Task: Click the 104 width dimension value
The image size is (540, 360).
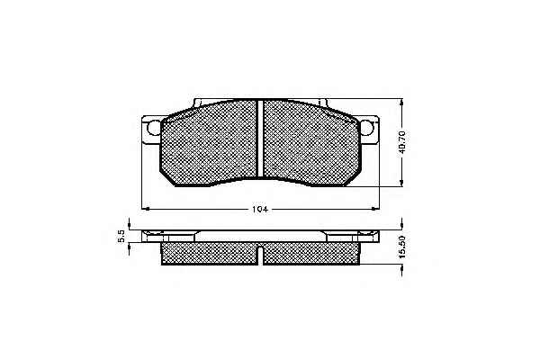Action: [x=260, y=209]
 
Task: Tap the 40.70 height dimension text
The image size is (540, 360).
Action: [x=402, y=142]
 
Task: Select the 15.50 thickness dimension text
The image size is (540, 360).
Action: [x=402, y=247]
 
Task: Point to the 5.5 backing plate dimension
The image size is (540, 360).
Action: [x=121, y=237]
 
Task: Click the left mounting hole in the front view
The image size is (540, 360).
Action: [x=154, y=128]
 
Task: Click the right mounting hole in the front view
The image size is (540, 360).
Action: [x=366, y=128]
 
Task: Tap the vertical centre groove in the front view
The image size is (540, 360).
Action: [x=260, y=138]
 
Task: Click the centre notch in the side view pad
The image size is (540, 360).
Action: [x=260, y=256]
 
